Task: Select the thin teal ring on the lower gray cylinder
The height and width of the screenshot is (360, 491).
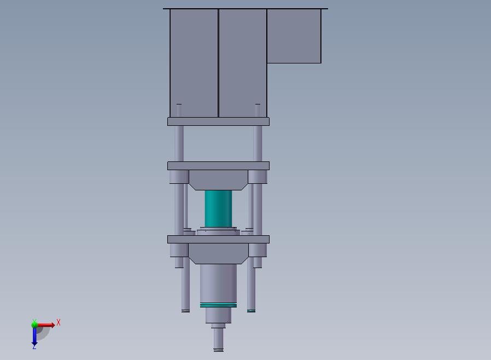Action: (218, 305)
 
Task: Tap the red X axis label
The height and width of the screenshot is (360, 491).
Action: (59, 323)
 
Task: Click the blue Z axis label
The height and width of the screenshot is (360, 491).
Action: (34, 346)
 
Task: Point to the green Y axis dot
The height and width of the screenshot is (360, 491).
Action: (34, 324)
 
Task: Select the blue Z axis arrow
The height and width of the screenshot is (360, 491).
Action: (34, 336)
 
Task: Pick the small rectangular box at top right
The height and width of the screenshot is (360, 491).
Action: (294, 36)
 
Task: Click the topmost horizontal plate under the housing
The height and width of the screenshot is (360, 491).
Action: (218, 121)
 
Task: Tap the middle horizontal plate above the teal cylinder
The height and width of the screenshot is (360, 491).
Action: (218, 166)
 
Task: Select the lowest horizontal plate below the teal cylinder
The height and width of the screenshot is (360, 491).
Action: (218, 239)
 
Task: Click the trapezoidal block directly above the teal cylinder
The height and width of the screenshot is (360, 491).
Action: (218, 179)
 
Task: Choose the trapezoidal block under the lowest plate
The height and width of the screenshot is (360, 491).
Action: (218, 253)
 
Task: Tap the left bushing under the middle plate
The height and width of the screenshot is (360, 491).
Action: (179, 177)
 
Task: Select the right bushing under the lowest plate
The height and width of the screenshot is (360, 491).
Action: (258, 250)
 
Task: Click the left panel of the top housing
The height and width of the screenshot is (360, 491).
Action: (194, 63)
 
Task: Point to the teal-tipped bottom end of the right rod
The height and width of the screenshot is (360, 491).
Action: (251, 310)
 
